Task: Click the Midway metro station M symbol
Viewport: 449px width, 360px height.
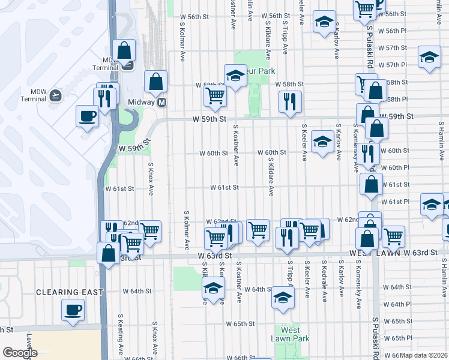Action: coord(161,103)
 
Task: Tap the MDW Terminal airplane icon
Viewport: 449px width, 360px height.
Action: coord(56,95)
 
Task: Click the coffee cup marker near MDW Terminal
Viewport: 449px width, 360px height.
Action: coord(87,115)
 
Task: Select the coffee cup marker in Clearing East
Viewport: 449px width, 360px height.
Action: coord(73,310)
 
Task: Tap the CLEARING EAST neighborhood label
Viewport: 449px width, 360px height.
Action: coord(69,292)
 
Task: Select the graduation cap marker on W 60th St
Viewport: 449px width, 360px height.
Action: coord(322,142)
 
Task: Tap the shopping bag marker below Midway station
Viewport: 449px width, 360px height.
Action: coord(155,81)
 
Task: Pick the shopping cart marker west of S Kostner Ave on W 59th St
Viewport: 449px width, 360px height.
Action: coord(215,95)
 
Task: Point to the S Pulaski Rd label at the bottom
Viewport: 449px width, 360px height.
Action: coord(376,336)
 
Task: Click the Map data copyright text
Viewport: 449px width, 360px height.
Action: coord(424,355)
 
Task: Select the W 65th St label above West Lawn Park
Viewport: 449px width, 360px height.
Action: coord(240,324)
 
